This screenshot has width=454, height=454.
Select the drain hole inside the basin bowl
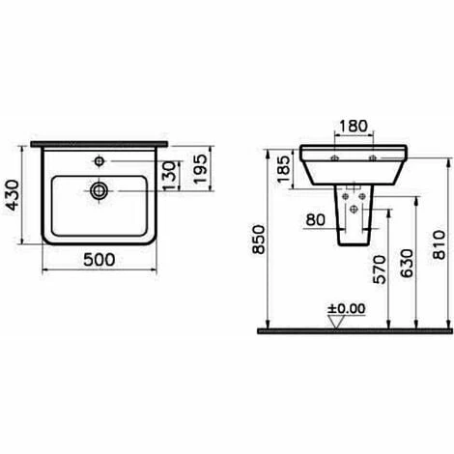[x=97, y=190]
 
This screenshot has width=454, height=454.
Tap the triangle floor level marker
[x=333, y=323]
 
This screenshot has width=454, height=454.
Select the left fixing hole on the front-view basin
[x=335, y=156]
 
